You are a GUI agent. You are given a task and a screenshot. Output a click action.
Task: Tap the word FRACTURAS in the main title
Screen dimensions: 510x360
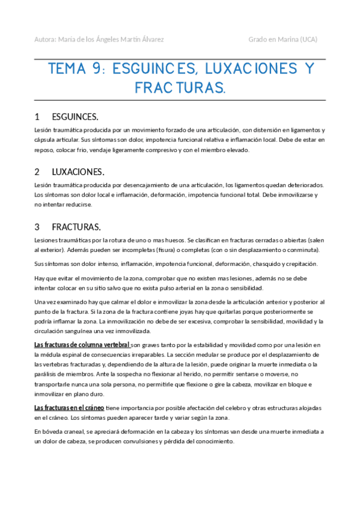pyautogui.click(x=178, y=88)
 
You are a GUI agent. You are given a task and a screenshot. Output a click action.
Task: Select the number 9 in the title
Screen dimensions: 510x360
pyautogui.click(x=97, y=69)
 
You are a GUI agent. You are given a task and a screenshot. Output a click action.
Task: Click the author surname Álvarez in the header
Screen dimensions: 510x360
pyautogui.click(x=150, y=40)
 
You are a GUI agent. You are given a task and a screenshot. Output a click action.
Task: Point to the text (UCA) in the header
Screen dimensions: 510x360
pyautogui.click(x=308, y=40)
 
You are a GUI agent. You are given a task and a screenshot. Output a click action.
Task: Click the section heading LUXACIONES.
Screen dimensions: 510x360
pyautogui.click(x=78, y=171)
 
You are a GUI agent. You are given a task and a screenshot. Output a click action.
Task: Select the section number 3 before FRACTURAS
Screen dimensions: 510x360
pyautogui.click(x=37, y=227)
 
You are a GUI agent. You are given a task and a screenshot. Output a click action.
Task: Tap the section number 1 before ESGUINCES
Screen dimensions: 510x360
pyautogui.click(x=37, y=116)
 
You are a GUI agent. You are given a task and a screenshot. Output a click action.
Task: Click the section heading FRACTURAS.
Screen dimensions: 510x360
pyautogui.click(x=76, y=227)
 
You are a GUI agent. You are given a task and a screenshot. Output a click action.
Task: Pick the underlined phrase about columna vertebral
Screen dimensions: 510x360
pyautogui.click(x=82, y=345)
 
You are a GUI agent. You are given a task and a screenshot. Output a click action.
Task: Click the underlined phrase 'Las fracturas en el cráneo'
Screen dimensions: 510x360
pyautogui.click(x=70, y=407)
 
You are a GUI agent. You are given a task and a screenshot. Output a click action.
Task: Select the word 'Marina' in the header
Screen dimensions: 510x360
pyautogui.click(x=284, y=40)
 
